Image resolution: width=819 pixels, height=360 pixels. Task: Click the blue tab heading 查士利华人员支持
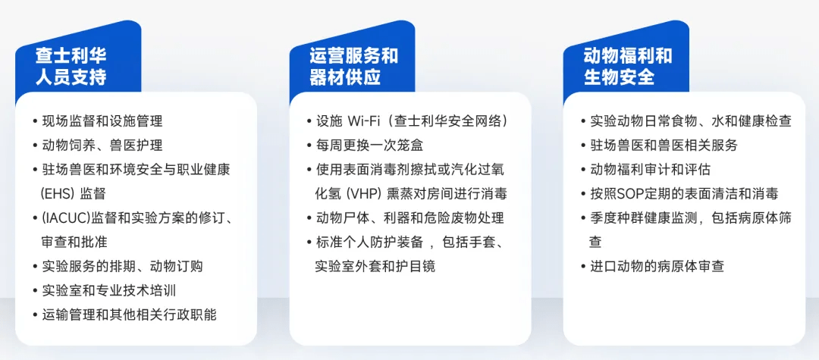[x=71, y=67]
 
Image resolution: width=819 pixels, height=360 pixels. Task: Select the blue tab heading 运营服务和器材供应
[x=353, y=67]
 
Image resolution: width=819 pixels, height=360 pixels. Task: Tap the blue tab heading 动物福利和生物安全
[x=628, y=67]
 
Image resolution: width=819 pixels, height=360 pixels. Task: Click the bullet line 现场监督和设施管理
[x=102, y=121]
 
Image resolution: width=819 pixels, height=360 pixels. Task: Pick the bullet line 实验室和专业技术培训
[x=108, y=290]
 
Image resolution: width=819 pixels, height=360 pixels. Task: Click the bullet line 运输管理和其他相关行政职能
[x=129, y=315]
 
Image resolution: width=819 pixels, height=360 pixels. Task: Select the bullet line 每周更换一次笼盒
[x=369, y=146]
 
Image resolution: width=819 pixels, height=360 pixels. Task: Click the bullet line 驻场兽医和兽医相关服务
[x=664, y=146]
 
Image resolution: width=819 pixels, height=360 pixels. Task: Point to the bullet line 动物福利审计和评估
[x=651, y=170]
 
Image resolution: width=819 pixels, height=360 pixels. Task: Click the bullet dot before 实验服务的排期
[x=34, y=267]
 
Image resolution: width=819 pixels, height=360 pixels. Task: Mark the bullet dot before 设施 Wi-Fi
[x=309, y=121]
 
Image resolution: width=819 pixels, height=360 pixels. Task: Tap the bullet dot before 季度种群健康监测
[x=583, y=218]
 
